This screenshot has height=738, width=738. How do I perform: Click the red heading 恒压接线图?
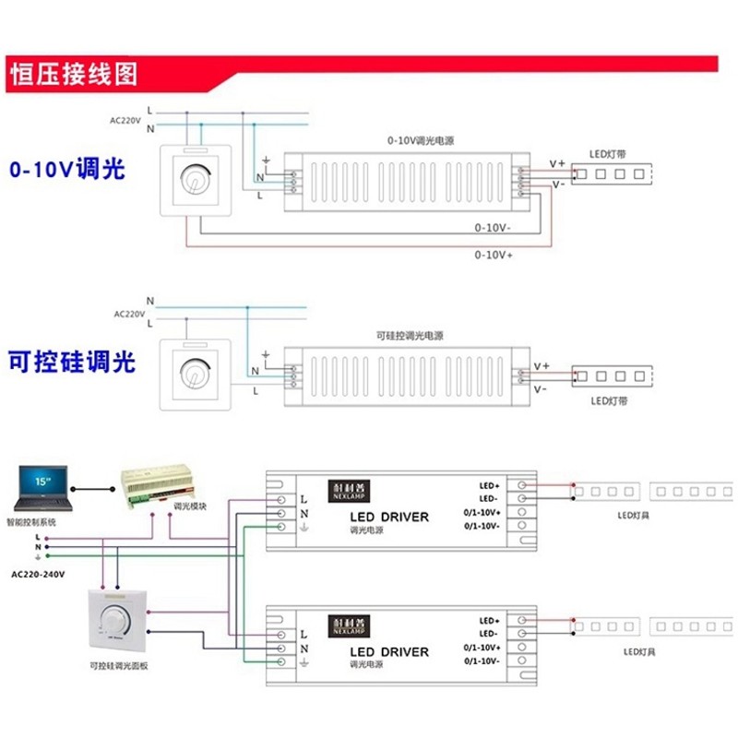tap(74, 74)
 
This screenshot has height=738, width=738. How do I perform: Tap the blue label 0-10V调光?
tap(66, 170)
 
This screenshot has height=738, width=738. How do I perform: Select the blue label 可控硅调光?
tap(72, 361)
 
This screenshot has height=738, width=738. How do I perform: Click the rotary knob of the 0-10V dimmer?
tap(194, 180)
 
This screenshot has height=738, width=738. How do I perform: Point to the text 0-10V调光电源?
tap(420, 141)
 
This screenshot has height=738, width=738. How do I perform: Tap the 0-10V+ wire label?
tap(494, 253)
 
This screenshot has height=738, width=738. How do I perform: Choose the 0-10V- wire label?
tap(494, 226)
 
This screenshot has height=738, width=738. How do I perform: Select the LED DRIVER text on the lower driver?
tap(389, 651)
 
